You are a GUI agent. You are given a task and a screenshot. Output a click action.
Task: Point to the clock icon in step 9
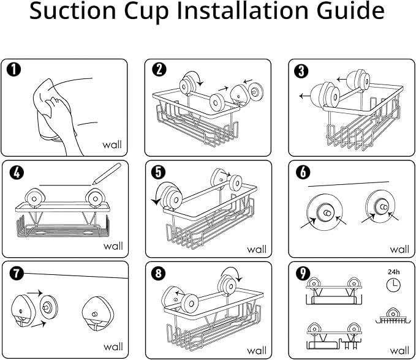393,284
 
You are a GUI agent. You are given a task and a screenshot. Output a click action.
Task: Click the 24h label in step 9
393,269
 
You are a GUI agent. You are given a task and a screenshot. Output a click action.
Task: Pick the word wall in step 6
399,249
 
